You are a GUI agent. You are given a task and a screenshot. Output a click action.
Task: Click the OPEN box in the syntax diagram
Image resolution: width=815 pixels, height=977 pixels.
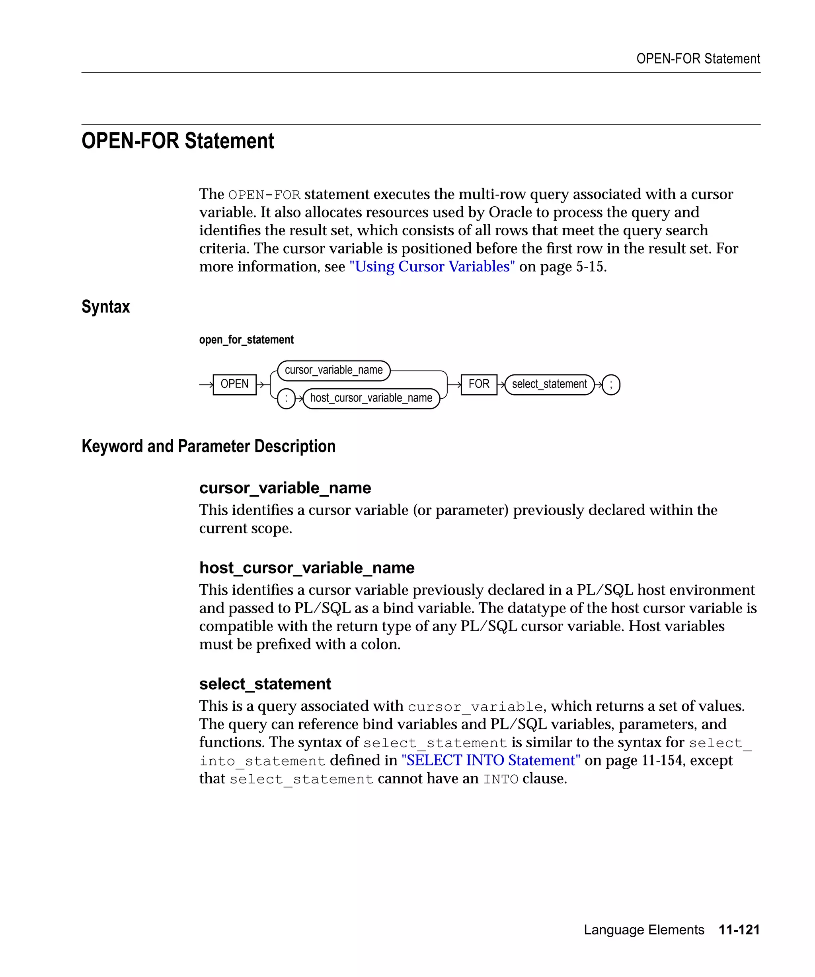tap(234, 384)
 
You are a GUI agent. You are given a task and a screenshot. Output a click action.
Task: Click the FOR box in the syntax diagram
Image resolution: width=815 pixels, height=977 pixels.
tap(478, 384)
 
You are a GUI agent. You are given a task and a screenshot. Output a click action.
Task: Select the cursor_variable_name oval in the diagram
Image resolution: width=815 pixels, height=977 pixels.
tap(333, 370)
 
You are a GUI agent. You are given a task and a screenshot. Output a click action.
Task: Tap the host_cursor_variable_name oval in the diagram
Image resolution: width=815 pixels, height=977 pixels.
tap(371, 398)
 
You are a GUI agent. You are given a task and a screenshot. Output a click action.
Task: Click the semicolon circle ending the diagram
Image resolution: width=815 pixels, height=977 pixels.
tap(610, 385)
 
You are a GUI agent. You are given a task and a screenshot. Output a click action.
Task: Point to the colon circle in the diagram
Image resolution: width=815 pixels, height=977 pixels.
tap(286, 399)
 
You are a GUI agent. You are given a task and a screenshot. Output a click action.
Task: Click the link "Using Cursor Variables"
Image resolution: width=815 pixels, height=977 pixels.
tap(432, 267)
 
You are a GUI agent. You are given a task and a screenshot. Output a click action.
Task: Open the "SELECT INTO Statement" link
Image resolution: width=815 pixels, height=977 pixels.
tap(490, 760)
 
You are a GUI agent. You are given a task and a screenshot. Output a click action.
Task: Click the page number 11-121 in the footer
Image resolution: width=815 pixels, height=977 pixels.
tap(739, 930)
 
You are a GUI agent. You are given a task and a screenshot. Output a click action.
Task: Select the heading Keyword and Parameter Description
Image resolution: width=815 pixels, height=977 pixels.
tap(208, 446)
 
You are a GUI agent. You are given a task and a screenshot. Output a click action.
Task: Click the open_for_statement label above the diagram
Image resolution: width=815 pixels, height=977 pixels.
tap(246, 339)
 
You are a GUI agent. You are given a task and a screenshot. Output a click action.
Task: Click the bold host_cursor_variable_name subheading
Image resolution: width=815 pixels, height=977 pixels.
tap(306, 568)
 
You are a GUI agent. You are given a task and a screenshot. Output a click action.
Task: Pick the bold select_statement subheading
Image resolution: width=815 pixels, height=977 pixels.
tap(265, 684)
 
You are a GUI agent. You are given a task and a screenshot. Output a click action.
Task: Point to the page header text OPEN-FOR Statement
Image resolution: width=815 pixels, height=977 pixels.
tap(698, 59)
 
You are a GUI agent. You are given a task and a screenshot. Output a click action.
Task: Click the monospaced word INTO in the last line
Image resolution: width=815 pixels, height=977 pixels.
tap(500, 779)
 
